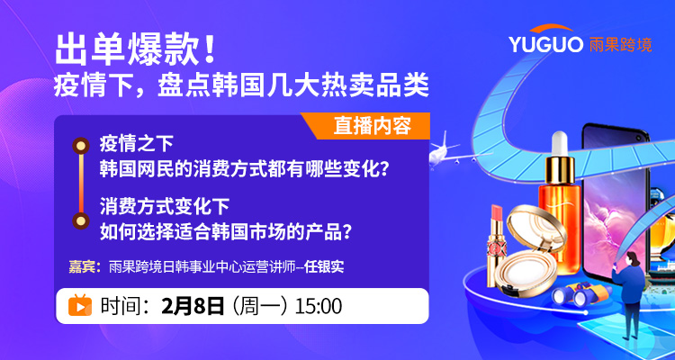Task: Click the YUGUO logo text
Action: tap(546, 44)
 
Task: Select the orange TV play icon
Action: tap(80, 305)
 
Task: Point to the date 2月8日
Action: tap(193, 306)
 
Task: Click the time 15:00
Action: tap(319, 306)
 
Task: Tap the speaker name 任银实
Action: tap(324, 267)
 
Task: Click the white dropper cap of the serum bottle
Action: tap(559, 143)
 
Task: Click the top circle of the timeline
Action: tap(80, 146)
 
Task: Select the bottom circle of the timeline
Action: tap(80, 220)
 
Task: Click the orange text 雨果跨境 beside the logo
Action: tap(620, 45)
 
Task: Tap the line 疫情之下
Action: tap(136, 144)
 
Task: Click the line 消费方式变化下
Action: tap(164, 207)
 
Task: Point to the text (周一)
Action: tap(260, 306)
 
